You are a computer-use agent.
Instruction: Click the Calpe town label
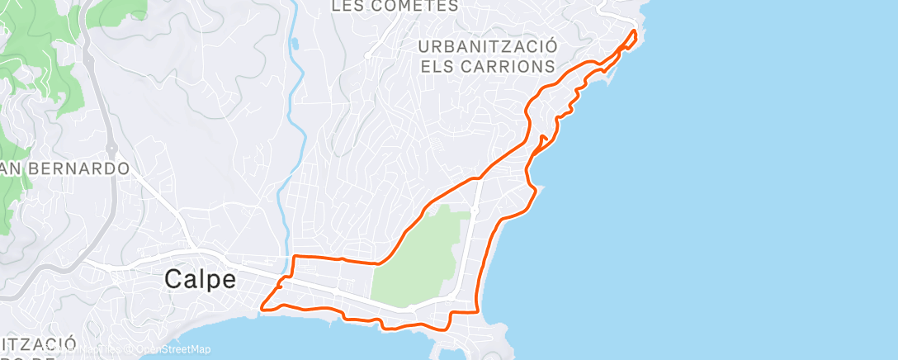[x=200, y=278]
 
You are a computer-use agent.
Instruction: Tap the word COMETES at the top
[x=417, y=6]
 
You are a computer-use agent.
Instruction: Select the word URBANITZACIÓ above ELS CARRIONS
[x=488, y=45]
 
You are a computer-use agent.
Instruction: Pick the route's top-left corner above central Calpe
[x=294, y=258]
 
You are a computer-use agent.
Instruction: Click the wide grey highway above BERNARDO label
[x=102, y=99]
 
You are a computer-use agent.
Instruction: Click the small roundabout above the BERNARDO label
[x=111, y=149]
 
